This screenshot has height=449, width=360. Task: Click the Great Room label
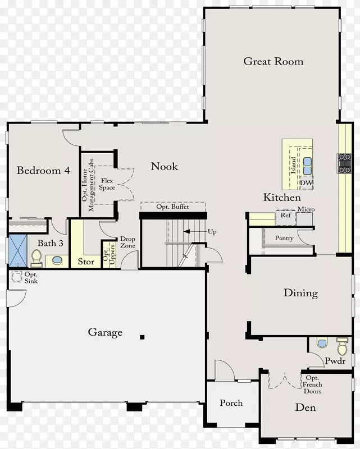(x=273, y=61)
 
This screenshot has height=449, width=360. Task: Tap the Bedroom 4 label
(x=43, y=171)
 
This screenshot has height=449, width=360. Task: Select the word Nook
(x=164, y=166)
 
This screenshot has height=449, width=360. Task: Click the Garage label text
(x=105, y=332)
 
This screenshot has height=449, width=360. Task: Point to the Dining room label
(x=300, y=293)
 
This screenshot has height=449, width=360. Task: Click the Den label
(x=306, y=407)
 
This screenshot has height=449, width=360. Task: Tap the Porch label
(x=231, y=403)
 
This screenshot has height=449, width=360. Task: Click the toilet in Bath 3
(x=37, y=258)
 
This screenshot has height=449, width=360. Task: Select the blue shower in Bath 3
(x=18, y=251)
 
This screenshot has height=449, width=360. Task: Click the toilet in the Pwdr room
(x=342, y=346)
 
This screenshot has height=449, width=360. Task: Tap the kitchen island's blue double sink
(x=307, y=166)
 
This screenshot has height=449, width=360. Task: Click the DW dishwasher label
(x=306, y=183)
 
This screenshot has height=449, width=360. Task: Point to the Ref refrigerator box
(x=285, y=218)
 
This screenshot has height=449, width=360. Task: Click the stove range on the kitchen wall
(x=344, y=163)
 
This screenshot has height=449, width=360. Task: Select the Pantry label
(x=284, y=238)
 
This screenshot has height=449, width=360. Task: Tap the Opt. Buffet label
(x=172, y=207)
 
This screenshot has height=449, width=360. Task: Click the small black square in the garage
(x=142, y=337)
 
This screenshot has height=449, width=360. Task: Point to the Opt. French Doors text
(x=312, y=384)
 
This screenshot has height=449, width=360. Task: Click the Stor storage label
(x=86, y=262)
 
